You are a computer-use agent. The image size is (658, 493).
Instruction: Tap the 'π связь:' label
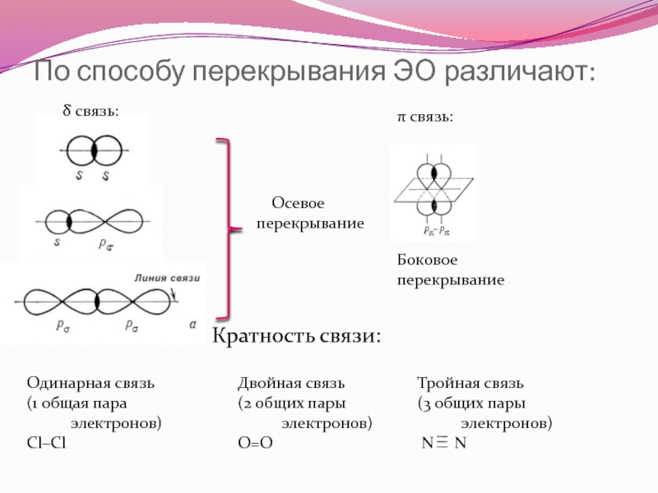pos(424,117)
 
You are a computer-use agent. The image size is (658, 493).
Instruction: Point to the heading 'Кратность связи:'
pos(297,335)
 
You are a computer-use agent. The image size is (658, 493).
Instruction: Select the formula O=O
pos(254,443)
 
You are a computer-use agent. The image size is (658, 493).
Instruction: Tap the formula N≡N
pos(443,443)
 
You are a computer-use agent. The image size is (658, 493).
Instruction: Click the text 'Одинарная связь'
pos(90,384)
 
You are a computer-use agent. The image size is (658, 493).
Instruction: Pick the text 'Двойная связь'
pos(291,384)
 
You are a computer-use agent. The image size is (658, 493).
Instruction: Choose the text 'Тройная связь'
pos(470,384)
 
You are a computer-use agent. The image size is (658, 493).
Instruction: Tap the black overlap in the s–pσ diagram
pos(70,222)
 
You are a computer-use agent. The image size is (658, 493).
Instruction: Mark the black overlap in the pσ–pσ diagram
pos(98,301)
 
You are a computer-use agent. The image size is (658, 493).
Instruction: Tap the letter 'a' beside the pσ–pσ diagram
pos(193,325)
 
